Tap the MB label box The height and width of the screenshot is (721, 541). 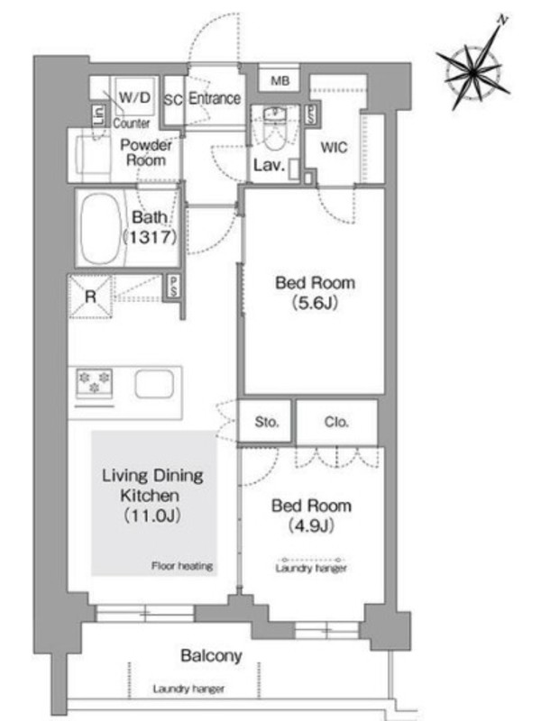[280, 81]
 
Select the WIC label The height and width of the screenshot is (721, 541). [334, 148]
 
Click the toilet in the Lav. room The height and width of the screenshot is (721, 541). [275, 129]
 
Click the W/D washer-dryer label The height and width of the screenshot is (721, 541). [133, 97]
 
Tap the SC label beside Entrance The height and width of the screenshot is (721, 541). [173, 99]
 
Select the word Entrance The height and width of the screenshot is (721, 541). [215, 98]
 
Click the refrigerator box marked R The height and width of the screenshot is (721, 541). [90, 297]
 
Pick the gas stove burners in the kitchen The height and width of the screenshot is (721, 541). [95, 382]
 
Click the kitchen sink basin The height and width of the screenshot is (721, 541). [154, 384]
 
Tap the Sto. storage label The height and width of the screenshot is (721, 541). [266, 422]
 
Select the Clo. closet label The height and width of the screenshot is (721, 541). [335, 422]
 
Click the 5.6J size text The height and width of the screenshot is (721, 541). [315, 303]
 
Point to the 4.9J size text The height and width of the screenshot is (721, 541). [311, 525]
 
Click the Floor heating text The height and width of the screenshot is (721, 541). [182, 566]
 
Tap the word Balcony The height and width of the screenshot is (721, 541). [211, 655]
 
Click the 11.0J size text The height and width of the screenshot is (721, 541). [152, 516]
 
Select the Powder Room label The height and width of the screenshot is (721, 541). [146, 152]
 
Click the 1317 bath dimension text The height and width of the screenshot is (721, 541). [150, 237]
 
